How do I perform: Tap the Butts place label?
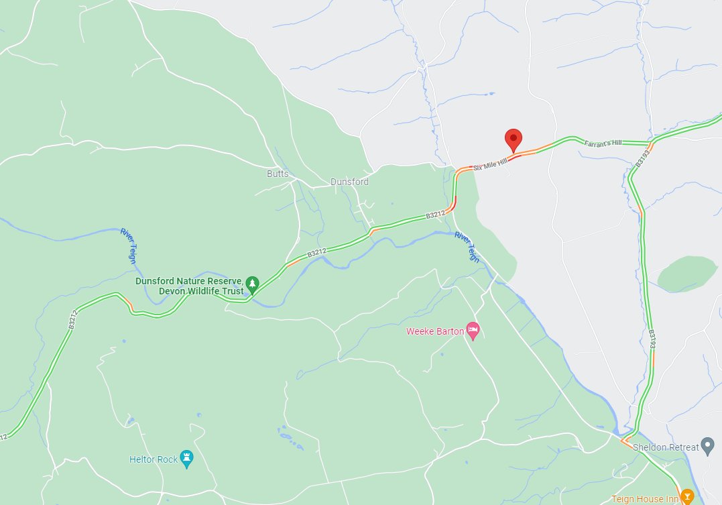pyautogui.click(x=278, y=174)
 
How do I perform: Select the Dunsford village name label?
pyautogui.click(x=349, y=181)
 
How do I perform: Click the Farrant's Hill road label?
pyautogui.click(x=603, y=143)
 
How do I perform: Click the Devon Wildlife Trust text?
pyautogui.click(x=200, y=291)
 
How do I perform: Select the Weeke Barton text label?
pyautogui.click(x=434, y=331)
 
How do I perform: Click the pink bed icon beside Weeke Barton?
pyautogui.click(x=473, y=329)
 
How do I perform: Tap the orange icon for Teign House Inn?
pyautogui.click(x=686, y=497)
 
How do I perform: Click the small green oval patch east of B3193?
pyautogui.click(x=686, y=274)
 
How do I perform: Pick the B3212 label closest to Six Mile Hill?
pyautogui.click(x=435, y=215)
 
